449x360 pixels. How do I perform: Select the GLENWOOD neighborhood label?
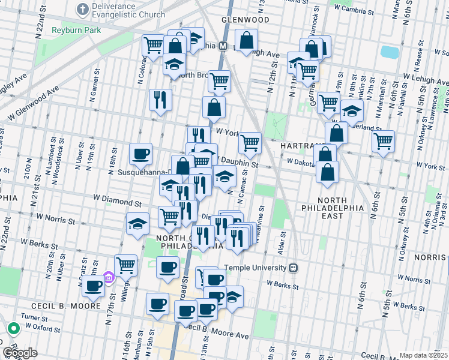click(x=245, y=20)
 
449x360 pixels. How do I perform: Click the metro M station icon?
click(x=222, y=46)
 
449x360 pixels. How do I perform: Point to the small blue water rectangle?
click(x=389, y=52)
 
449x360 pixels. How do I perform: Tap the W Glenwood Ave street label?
click(x=33, y=99)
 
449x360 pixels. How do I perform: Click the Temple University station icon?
click(x=294, y=268)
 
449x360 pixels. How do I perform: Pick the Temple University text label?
click(x=256, y=268)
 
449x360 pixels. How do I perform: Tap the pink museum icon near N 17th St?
click(x=108, y=277)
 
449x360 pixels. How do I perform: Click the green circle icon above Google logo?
click(x=13, y=328)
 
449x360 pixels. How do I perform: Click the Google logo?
click(x=19, y=353)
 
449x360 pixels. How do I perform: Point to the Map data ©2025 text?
click(x=423, y=355)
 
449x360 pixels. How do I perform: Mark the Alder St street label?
click(x=280, y=246)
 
